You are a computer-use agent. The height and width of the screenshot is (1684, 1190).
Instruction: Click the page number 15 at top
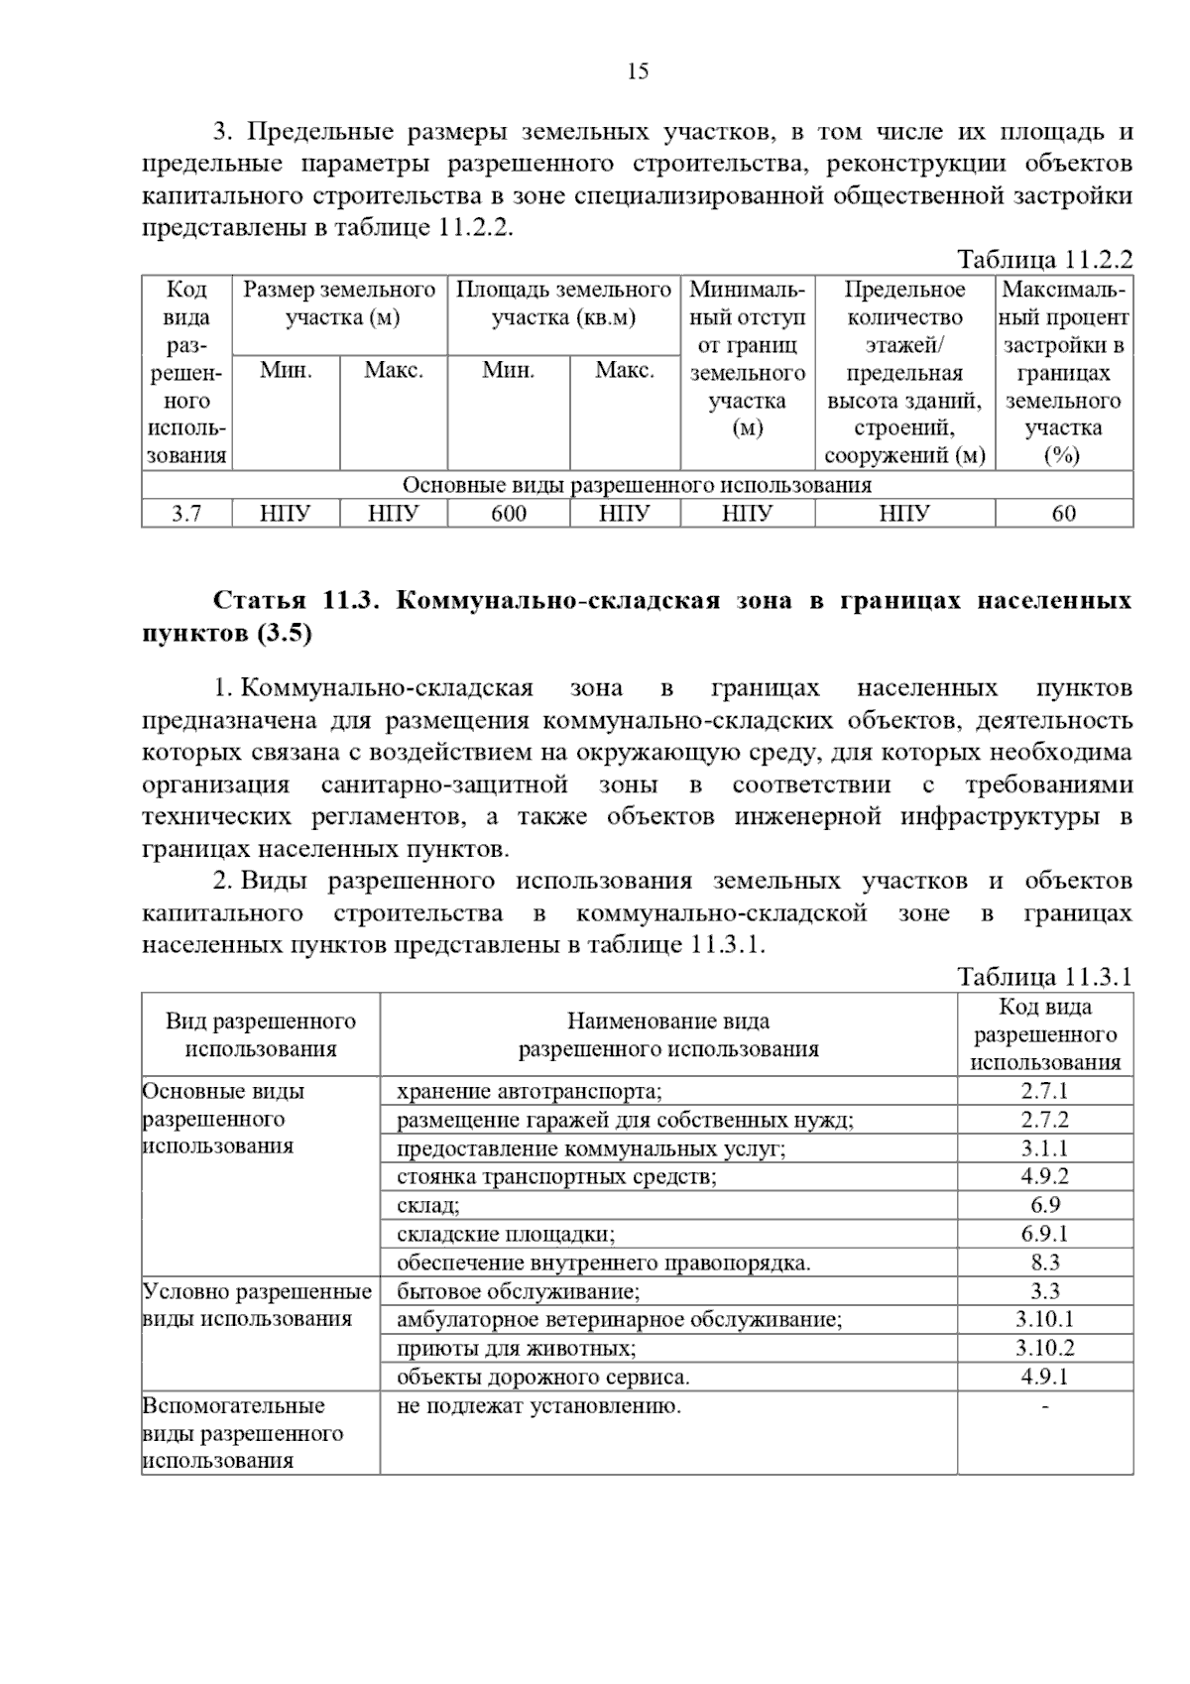click(x=638, y=70)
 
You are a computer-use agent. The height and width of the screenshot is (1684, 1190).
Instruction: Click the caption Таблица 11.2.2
click(x=1044, y=260)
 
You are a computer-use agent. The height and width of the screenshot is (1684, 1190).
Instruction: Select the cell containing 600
click(x=509, y=513)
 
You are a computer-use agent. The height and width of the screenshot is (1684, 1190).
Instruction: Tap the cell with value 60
click(x=1063, y=513)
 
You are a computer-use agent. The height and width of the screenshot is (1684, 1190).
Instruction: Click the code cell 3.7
click(x=186, y=513)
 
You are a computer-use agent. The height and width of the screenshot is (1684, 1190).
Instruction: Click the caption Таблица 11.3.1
click(x=1044, y=977)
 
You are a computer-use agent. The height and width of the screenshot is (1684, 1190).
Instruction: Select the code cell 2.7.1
click(x=1044, y=1091)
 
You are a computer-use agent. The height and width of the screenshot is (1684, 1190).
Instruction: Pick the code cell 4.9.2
click(x=1044, y=1176)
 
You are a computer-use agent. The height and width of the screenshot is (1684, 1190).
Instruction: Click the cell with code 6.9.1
click(x=1044, y=1234)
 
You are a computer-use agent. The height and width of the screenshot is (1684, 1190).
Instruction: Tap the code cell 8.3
click(x=1044, y=1263)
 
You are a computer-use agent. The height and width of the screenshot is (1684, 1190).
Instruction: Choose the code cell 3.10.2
click(x=1044, y=1348)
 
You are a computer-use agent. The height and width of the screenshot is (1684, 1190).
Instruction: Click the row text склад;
click(x=427, y=1205)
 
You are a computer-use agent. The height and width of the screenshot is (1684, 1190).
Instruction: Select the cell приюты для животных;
click(x=516, y=1348)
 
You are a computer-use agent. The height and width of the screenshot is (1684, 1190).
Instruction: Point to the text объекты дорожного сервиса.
click(x=542, y=1377)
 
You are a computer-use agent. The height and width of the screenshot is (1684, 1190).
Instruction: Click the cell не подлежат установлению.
click(x=538, y=1405)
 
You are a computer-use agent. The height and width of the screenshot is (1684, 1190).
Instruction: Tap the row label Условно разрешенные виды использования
click(x=257, y=1305)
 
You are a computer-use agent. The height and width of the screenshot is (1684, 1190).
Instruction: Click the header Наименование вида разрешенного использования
click(x=667, y=1034)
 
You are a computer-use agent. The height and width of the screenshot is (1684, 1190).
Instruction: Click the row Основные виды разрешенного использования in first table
click(x=637, y=485)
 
